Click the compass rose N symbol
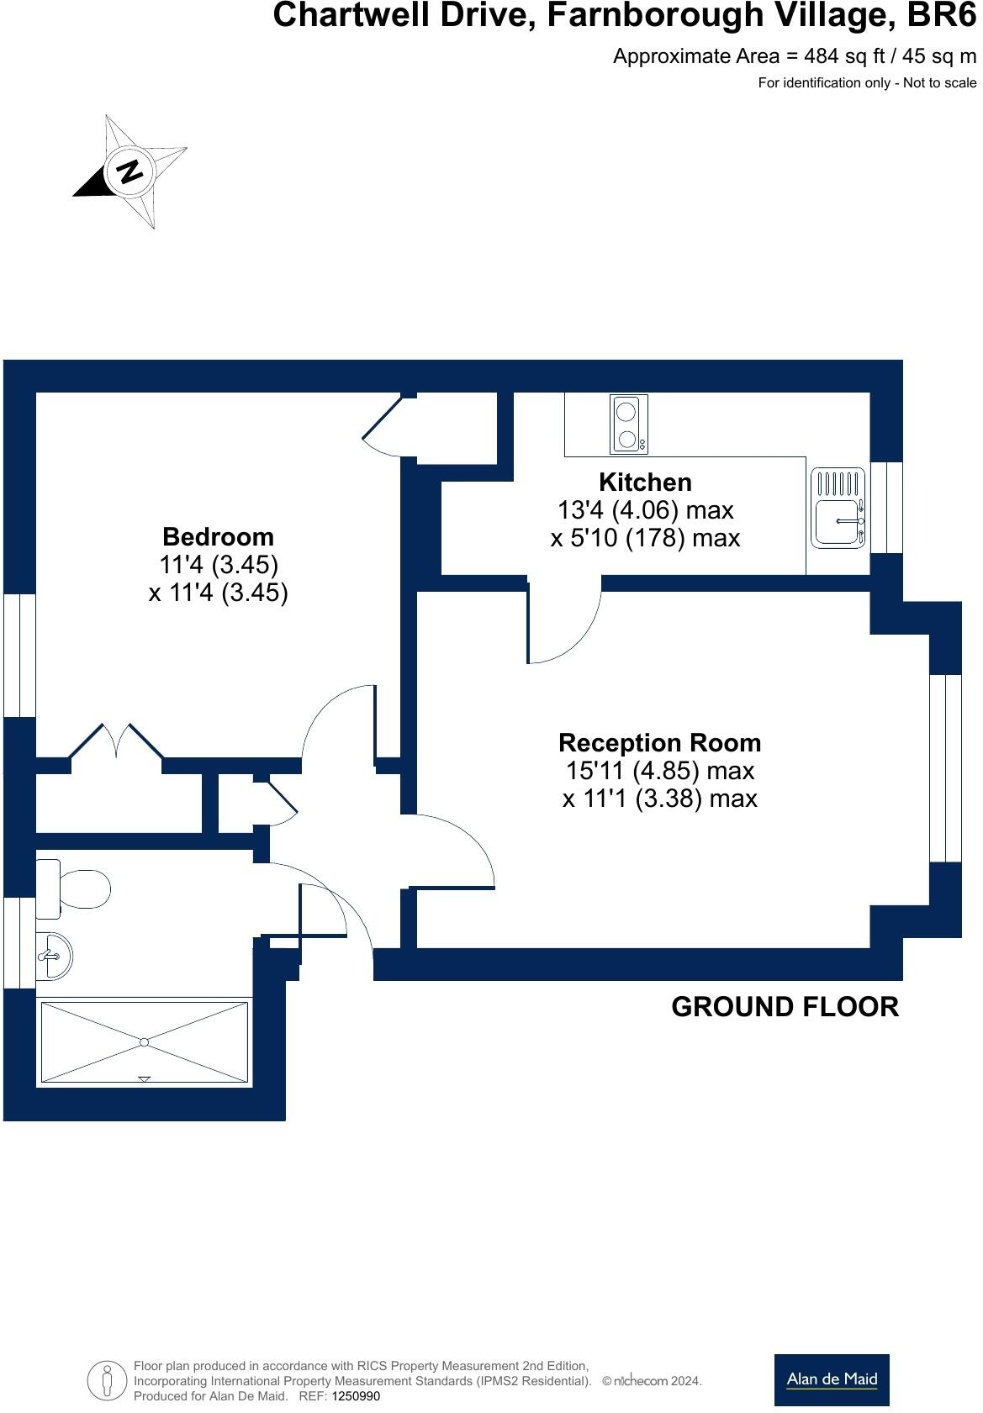[130, 171]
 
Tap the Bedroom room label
[218, 536]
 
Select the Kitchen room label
[645, 482]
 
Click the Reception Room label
[659, 742]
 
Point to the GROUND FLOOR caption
[785, 1006]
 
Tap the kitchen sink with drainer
[838, 509]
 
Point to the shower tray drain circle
[144, 1042]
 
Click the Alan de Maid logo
[831, 1379]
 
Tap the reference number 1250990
[357, 1396]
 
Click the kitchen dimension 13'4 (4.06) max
[645, 509]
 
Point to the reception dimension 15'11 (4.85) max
[659, 770]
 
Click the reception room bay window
[945, 767]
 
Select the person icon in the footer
[107, 1380]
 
